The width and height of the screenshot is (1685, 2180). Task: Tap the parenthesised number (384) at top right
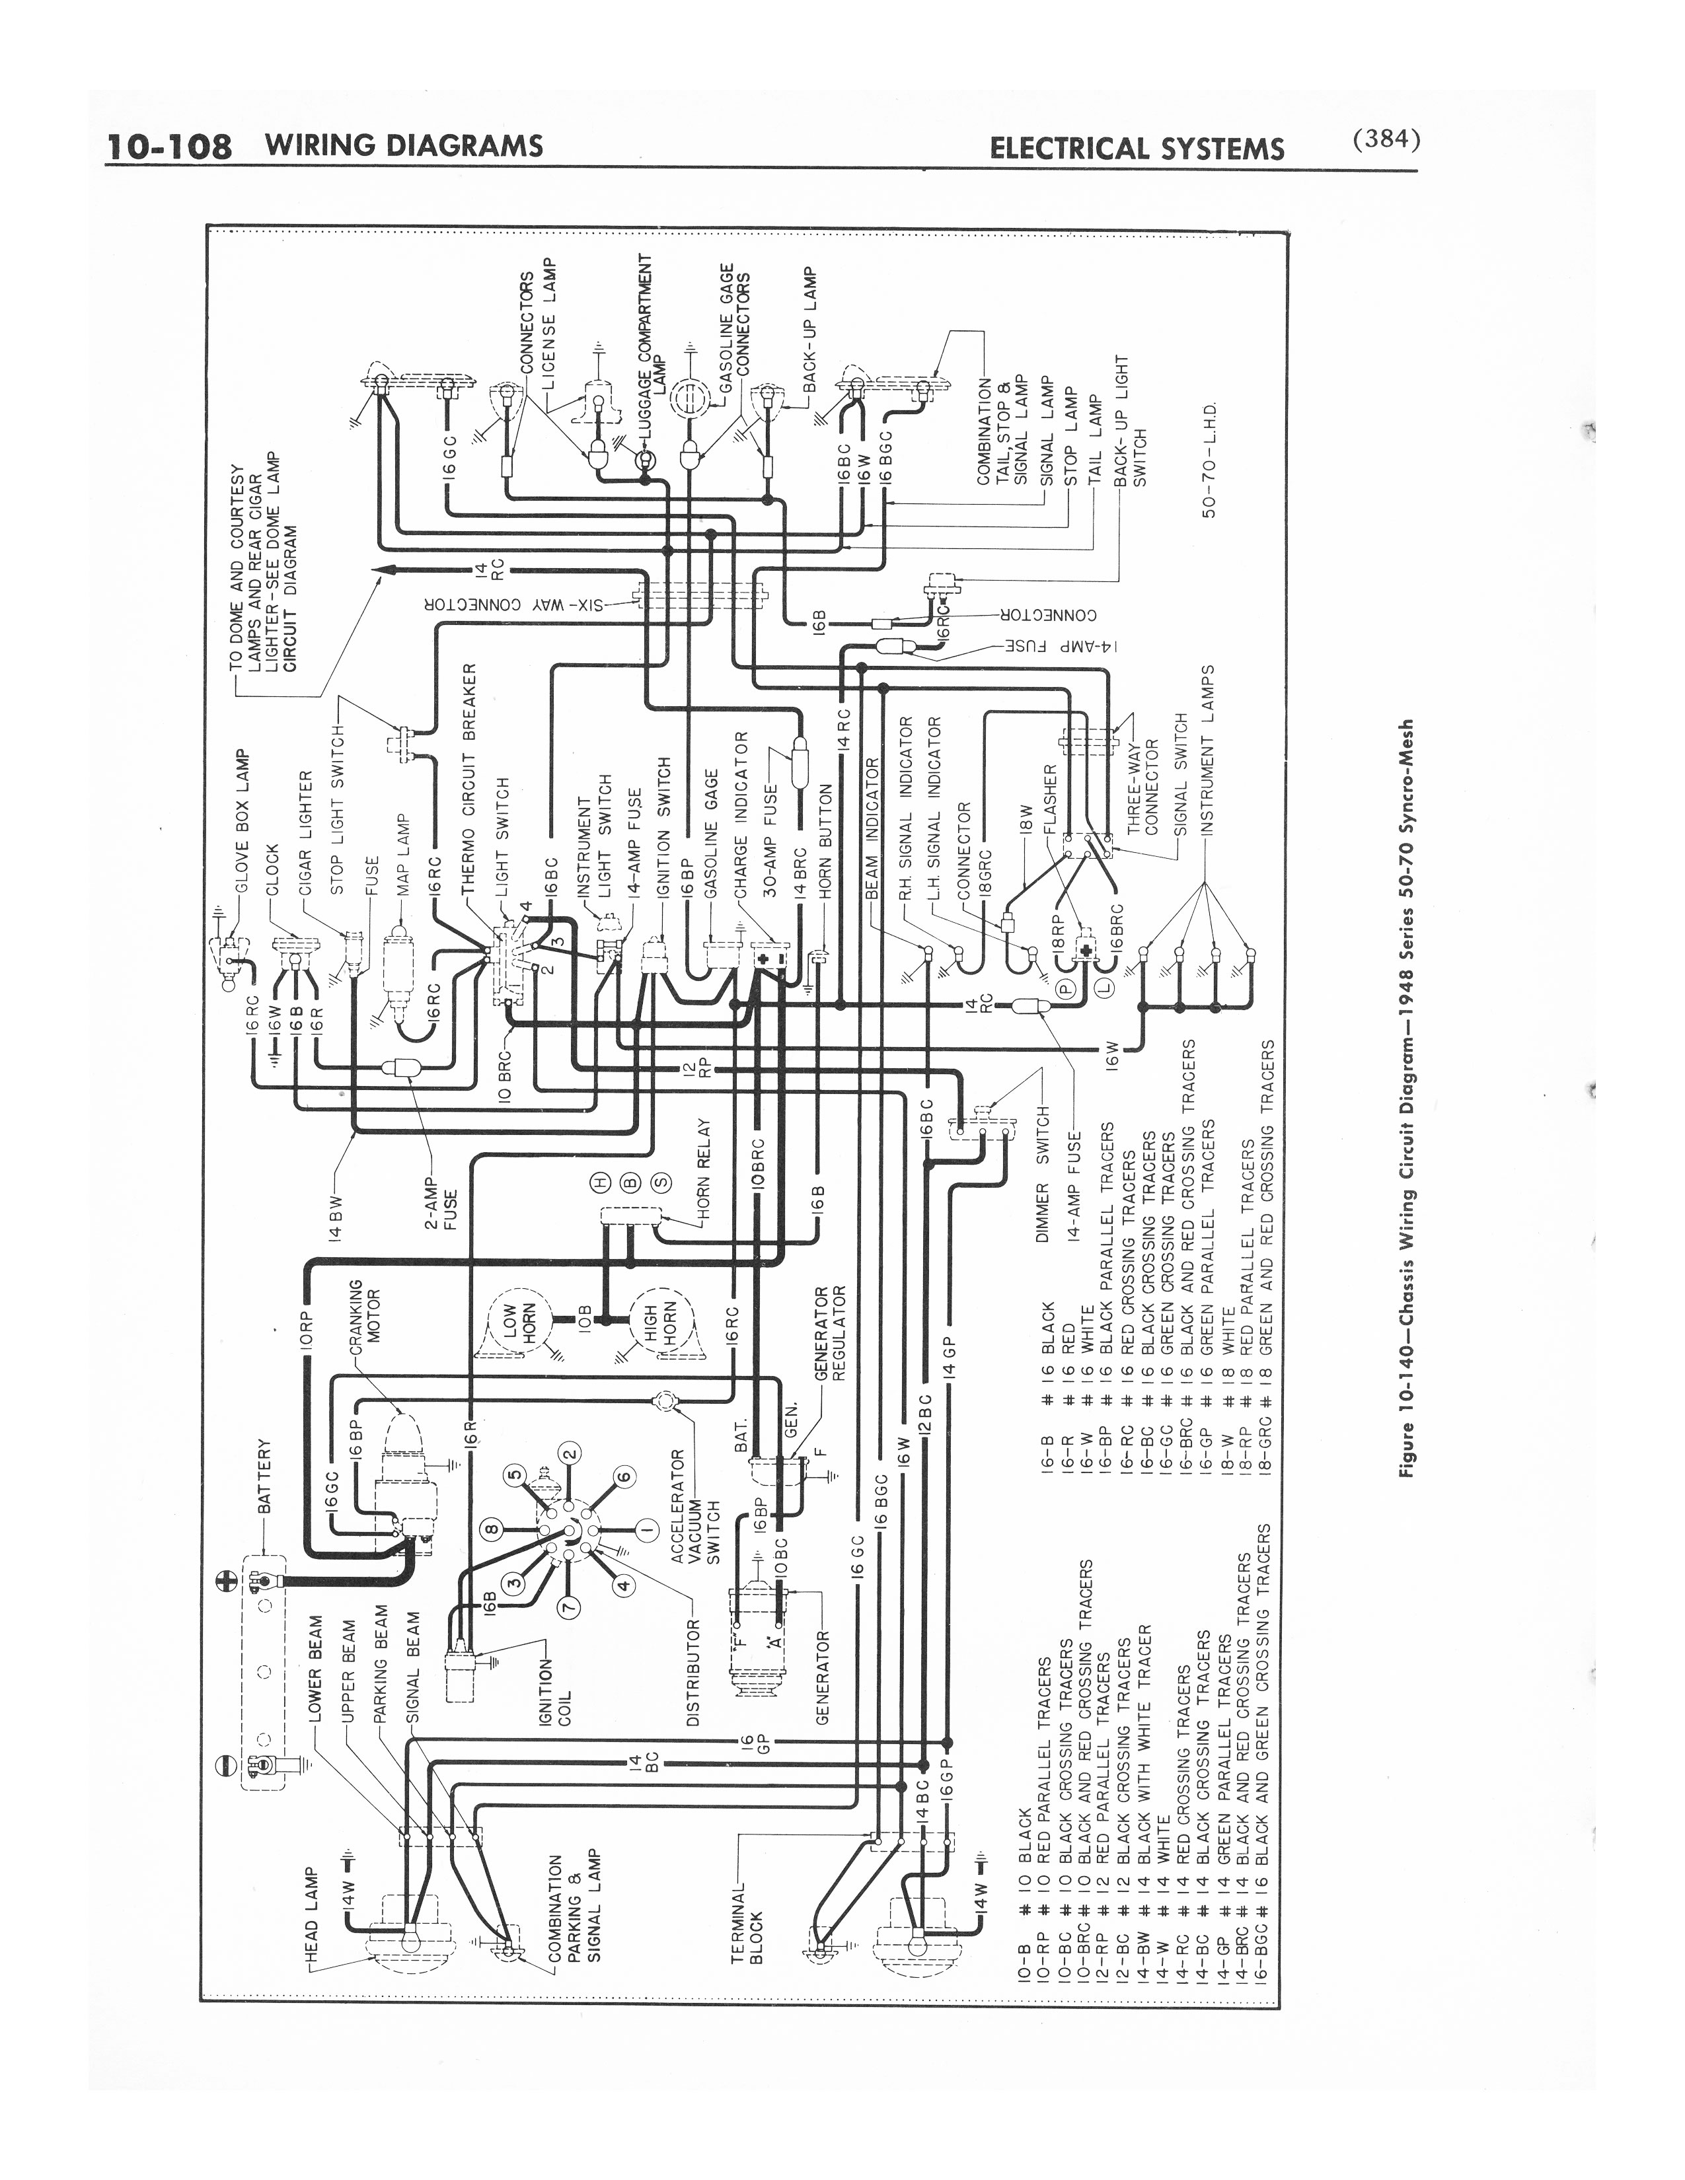coord(1386,141)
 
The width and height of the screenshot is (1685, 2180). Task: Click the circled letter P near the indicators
coord(1065,988)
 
